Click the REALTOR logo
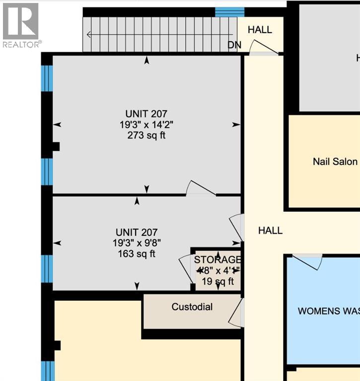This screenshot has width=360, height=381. [21, 25]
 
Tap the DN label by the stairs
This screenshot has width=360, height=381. [234, 45]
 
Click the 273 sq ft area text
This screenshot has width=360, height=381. [145, 135]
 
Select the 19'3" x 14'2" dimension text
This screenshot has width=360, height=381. [145, 125]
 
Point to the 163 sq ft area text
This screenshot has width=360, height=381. [136, 254]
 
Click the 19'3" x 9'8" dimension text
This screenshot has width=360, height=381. [136, 243]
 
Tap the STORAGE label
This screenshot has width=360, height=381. [217, 260]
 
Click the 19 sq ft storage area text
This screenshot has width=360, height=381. [217, 281]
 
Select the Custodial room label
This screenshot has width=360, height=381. [192, 307]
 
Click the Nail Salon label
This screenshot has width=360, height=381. [335, 161]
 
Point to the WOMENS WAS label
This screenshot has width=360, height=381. [328, 311]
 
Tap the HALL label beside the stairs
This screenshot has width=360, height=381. [260, 30]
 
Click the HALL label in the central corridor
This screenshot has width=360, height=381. [270, 230]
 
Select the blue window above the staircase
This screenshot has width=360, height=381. [229, 12]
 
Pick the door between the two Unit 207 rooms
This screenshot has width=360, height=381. [201, 189]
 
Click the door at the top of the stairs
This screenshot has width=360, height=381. [263, 47]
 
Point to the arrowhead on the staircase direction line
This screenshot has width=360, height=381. [88, 35]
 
